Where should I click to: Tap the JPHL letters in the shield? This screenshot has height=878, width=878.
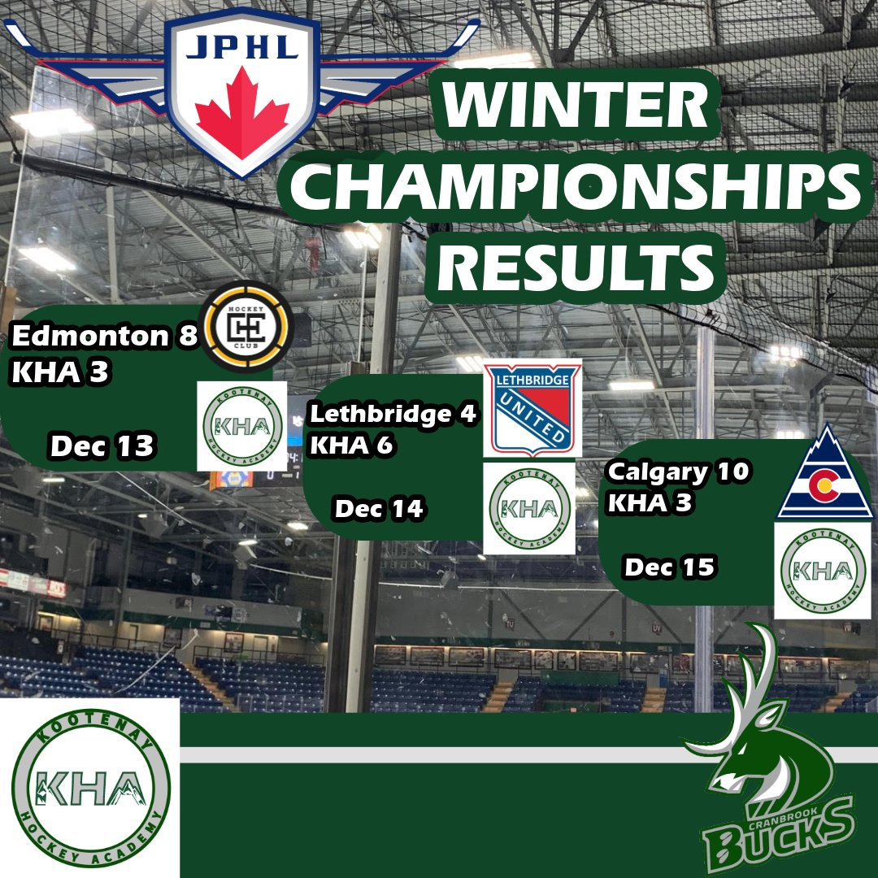242,48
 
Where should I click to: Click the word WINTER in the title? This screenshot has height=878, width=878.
576,105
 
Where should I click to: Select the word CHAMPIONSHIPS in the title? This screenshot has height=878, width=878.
576,187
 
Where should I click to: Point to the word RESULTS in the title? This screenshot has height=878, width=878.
576,267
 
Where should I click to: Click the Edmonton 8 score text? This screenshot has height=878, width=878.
105,336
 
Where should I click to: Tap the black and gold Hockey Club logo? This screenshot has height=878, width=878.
246,327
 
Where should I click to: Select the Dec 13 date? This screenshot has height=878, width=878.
102,446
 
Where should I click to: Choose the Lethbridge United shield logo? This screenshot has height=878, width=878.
532,408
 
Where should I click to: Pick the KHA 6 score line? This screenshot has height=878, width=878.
352,446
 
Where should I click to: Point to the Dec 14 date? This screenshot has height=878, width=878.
379,509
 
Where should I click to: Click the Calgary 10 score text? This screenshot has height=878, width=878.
678,472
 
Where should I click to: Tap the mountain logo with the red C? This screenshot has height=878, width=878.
825,472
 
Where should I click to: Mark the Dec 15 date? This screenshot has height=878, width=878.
670,567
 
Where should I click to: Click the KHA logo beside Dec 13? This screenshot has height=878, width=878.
242,426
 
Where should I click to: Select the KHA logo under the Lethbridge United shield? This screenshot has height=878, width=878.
529,508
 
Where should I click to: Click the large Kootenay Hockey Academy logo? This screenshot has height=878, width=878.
90,788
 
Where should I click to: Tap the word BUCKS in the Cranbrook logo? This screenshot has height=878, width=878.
779,836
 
